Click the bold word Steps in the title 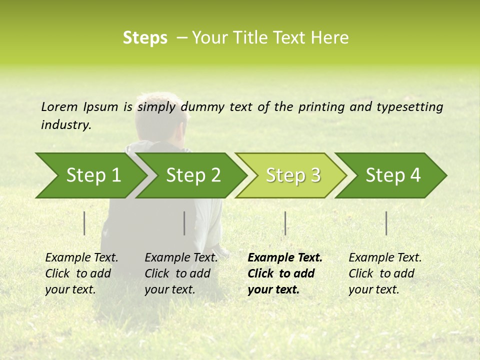pyautogui.click(x=145, y=38)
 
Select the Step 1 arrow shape pyautogui.click(x=93, y=175)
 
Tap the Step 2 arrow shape pyautogui.click(x=193, y=175)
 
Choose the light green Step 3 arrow pyautogui.click(x=293, y=175)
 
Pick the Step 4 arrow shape pyautogui.click(x=393, y=175)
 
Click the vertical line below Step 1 pyautogui.click(x=84, y=223)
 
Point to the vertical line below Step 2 pyautogui.click(x=184, y=223)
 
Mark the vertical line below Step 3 pyautogui.click(x=285, y=223)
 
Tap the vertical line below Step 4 pyautogui.click(x=386, y=223)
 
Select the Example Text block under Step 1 pyautogui.click(x=81, y=273)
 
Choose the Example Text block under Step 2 pyautogui.click(x=181, y=273)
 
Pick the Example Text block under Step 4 pyautogui.click(x=385, y=273)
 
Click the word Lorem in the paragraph pyautogui.click(x=59, y=106)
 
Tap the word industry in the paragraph pyautogui.click(x=65, y=125)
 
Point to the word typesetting pyautogui.click(x=409, y=107)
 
